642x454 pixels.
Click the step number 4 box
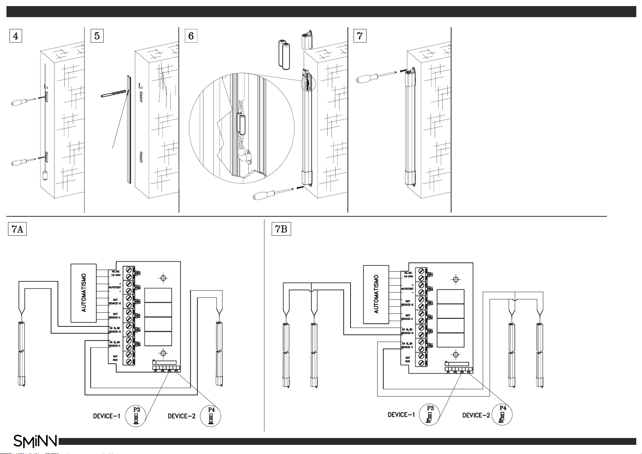coord(15,36)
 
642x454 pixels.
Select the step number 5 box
coord(97,36)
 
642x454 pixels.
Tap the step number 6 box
coord(191,36)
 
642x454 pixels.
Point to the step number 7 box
coord(360,36)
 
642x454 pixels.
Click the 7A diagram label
coord(17,230)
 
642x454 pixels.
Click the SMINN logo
coord(35,441)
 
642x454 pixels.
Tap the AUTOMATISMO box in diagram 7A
coord(84,292)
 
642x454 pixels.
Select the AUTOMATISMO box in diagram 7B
coord(376,294)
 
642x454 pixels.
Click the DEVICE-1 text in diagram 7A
coord(107,416)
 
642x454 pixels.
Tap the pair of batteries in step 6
coord(284,55)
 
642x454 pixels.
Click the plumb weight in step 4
coord(45,176)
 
